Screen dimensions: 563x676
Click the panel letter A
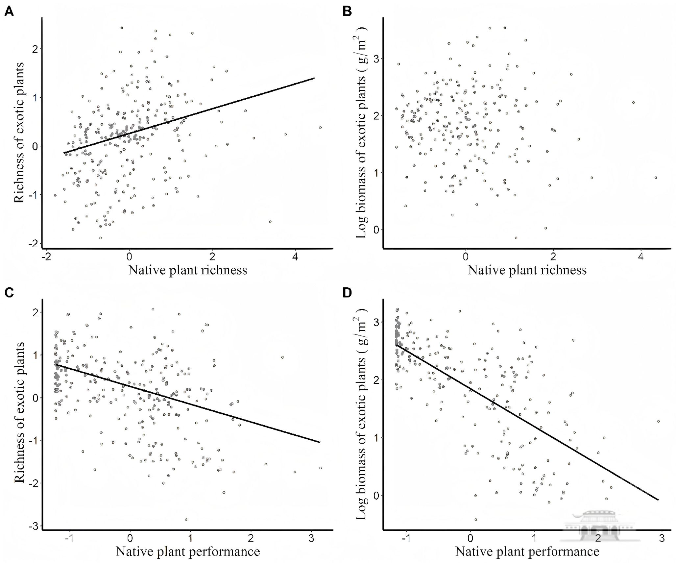[9, 12]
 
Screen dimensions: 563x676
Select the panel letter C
[9, 292]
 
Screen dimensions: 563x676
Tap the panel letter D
[347, 292]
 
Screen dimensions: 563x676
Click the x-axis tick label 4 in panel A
[296, 257]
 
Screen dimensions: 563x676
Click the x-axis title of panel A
[187, 270]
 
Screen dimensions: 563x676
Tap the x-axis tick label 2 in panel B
[553, 257]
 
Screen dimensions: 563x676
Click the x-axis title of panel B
[527, 270]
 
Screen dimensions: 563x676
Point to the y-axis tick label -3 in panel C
[34, 526]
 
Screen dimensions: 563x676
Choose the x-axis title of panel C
[188, 551]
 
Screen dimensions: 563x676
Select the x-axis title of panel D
[527, 551]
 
